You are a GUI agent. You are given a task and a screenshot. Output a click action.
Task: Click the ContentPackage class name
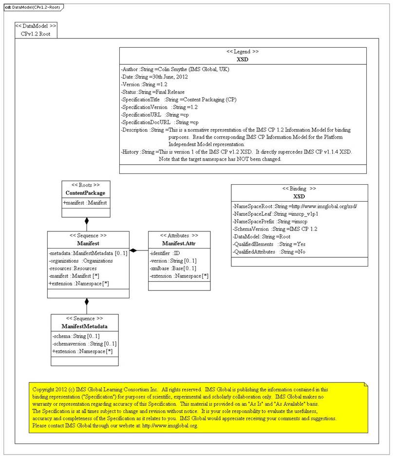click(x=86, y=193)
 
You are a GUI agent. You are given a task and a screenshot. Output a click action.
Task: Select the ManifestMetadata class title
click(x=84, y=326)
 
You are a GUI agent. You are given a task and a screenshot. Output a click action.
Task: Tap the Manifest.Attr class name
click(x=179, y=243)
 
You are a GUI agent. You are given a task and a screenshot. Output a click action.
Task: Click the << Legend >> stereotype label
click(x=243, y=51)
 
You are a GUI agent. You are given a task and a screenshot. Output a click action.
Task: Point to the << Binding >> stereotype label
click(x=299, y=188)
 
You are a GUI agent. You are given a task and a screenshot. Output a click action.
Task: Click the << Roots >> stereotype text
click(x=86, y=185)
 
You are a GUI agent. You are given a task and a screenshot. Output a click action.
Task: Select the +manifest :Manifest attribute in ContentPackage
click(x=85, y=202)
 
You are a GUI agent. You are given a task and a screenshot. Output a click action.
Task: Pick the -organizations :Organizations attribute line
click(x=81, y=261)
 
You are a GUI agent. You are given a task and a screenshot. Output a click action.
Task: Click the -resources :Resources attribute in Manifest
click(x=73, y=268)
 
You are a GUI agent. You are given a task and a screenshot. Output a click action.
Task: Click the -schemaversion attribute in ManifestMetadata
click(x=84, y=343)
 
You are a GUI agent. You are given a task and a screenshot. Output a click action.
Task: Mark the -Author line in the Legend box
click(x=175, y=69)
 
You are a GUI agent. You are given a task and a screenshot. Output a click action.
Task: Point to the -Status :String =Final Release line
click(x=157, y=91)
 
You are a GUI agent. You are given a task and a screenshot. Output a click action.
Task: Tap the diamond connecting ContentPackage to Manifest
click(x=87, y=221)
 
